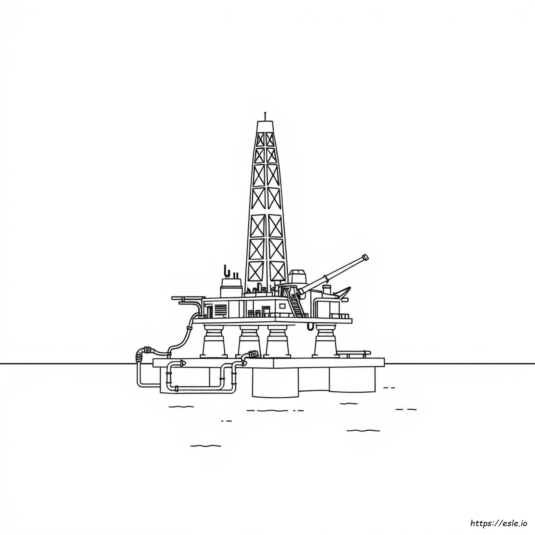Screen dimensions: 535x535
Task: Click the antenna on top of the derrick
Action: pos(265,117)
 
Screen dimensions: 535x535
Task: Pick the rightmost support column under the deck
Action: pos(325,340)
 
